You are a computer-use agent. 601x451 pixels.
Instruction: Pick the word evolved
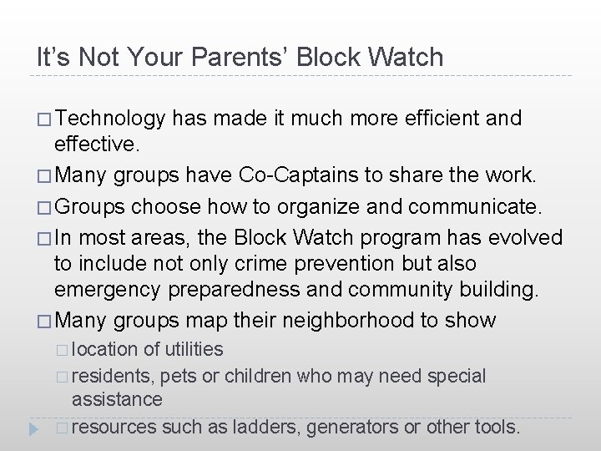524,237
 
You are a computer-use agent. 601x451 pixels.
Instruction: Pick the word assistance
117,399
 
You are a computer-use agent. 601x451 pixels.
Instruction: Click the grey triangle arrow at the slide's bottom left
33,427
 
